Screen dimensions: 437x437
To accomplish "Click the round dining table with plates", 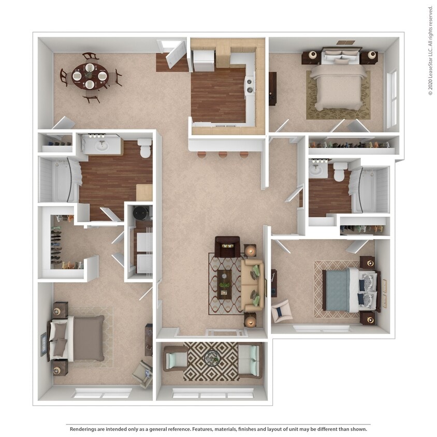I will pos(90,77).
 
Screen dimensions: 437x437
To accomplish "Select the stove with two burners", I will pos(250,84).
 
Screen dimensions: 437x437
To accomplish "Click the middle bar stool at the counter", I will pos(223,154).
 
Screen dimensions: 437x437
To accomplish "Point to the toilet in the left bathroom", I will pos(145,148).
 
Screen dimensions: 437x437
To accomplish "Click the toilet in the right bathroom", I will pos(340,171).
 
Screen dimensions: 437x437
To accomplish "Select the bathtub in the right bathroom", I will pos(369,189).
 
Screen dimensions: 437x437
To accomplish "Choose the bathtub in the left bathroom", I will pos(58,179).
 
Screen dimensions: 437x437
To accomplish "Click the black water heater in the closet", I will pos(140,212).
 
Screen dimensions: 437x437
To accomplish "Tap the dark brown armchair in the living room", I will pos(227,246).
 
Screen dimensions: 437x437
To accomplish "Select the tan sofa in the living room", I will pos(253,285).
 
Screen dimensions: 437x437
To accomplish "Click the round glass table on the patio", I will pos(211,357).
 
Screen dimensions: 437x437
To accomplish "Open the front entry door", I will pos(176,52).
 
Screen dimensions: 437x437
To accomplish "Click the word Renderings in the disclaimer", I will pos(85,429).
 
